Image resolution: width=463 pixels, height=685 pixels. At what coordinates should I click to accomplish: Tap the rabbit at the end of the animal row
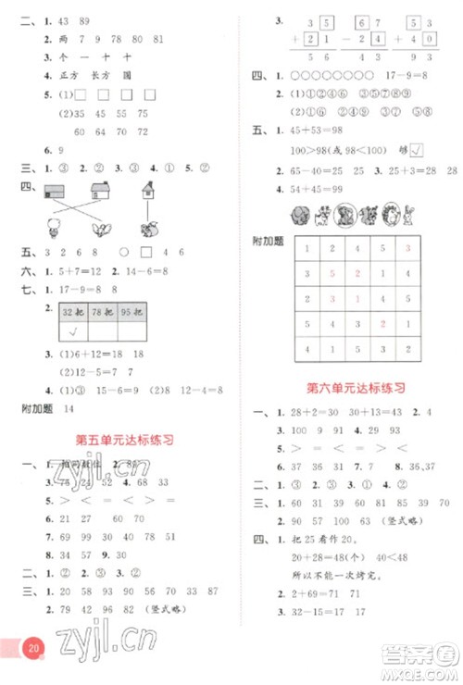coord(410,215)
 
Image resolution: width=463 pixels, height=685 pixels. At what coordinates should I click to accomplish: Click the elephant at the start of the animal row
coord(299,215)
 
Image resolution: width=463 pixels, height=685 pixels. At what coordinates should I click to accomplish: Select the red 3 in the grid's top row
coord(407,248)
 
